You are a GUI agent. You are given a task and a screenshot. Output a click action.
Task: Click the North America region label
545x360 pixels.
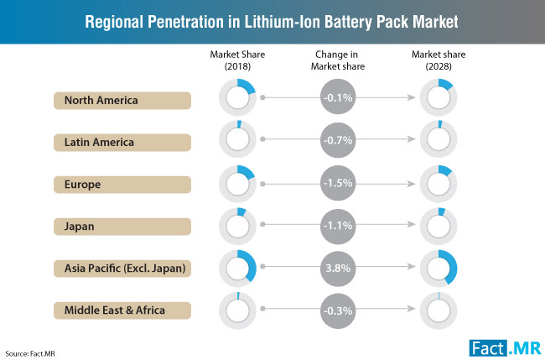coord(122,100)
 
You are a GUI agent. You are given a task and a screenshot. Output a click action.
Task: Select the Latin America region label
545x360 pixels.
coord(122,142)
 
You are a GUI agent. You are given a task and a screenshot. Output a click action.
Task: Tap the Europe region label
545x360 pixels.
coord(122,184)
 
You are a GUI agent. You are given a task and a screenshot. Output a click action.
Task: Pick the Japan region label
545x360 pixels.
coord(122,225)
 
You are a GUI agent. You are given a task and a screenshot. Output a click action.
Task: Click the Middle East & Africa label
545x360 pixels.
coord(122,310)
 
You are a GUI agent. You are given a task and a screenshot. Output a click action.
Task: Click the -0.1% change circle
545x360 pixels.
coord(338,98)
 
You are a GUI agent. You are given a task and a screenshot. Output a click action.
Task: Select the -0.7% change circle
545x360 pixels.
coord(338,140)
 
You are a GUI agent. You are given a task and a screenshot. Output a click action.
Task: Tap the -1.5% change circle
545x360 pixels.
coord(338,182)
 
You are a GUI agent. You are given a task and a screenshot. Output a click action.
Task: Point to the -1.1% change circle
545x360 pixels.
coord(338,224)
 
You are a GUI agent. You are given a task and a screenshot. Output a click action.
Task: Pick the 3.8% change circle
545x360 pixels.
coord(338,266)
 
